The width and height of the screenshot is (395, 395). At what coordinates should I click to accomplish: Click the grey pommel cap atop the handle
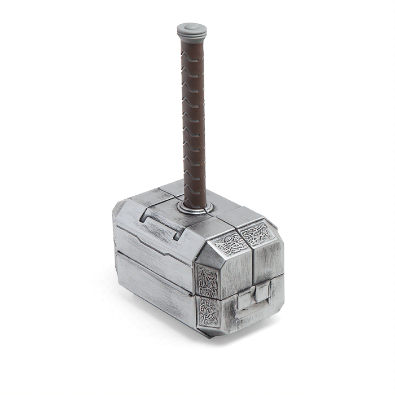click(x=191, y=29)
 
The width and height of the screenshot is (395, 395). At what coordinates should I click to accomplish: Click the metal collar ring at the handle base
click(x=195, y=208)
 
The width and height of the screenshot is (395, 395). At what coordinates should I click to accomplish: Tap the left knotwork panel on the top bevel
click(x=230, y=243)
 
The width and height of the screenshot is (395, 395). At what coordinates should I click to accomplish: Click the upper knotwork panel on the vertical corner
click(x=207, y=280)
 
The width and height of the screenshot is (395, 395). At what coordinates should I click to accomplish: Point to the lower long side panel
click(x=152, y=288)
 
